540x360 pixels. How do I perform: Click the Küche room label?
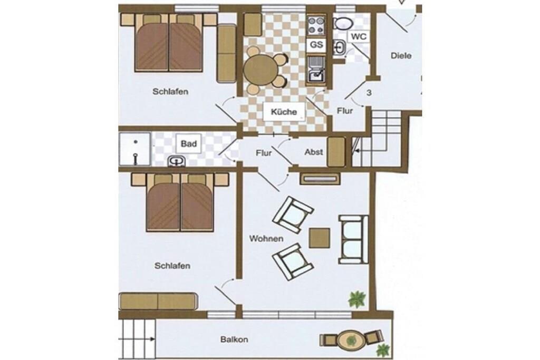click(x=284, y=112)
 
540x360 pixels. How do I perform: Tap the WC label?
click(x=359, y=36)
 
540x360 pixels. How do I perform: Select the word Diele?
click(x=401, y=55)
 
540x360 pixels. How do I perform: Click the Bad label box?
click(x=189, y=143)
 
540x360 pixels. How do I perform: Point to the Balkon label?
click(x=234, y=339)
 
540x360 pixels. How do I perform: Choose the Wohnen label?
click(x=266, y=239)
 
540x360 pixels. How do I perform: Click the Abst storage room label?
click(x=313, y=152)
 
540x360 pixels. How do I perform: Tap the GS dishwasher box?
click(x=316, y=45)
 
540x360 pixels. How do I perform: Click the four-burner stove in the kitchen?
click(x=316, y=25)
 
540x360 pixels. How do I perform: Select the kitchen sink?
click(x=316, y=70)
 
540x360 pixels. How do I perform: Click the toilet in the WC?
click(x=343, y=23)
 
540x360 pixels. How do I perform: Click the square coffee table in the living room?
click(x=320, y=238)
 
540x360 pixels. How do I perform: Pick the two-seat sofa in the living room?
click(x=353, y=239)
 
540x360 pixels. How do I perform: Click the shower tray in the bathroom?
click(x=134, y=149)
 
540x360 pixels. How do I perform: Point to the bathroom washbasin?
click(x=177, y=161)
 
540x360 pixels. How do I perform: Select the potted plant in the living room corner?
click(x=357, y=299)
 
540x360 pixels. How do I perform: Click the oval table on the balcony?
click(x=351, y=340)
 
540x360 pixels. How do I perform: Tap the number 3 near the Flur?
click(x=369, y=93)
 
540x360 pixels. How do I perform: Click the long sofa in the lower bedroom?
click(x=158, y=301)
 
